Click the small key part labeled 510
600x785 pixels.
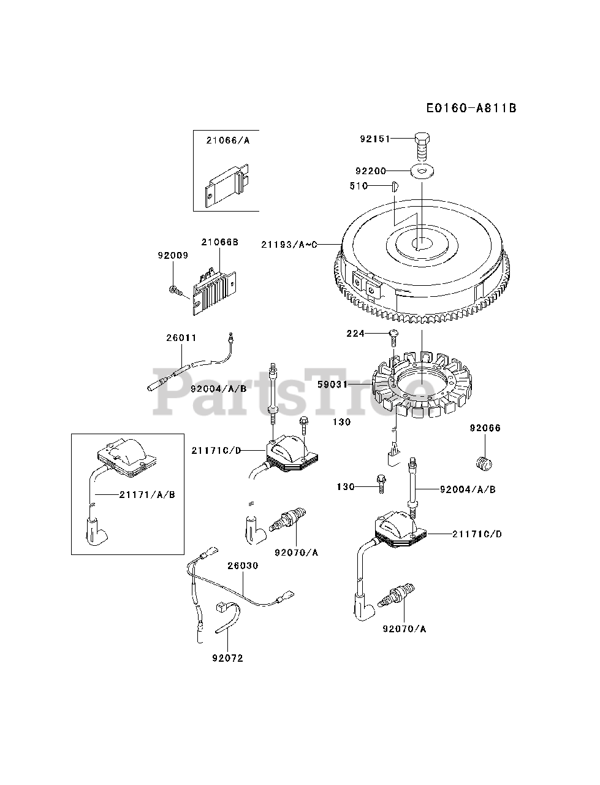393,185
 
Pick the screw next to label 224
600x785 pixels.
392,335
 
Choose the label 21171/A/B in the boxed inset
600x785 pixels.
146,494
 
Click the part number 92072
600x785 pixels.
227,658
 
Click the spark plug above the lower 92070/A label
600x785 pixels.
393,597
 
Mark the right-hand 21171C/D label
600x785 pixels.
477,534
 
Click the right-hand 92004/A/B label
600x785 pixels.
468,489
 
